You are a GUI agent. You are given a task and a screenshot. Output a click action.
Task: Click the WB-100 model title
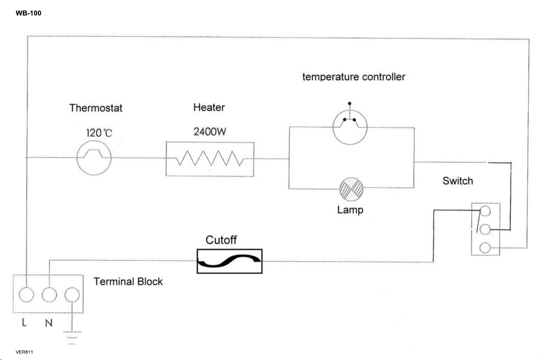(28, 13)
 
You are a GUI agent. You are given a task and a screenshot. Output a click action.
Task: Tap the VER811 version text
(24, 352)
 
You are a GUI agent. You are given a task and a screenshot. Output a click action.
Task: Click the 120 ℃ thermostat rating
(99, 133)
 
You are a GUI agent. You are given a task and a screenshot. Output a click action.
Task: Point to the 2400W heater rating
(210, 131)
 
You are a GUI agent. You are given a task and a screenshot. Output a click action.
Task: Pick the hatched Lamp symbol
(351, 189)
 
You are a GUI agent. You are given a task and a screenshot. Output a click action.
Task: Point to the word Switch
(458, 181)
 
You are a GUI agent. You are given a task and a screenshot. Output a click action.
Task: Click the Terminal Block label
(128, 281)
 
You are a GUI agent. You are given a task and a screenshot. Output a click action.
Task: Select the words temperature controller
(354, 77)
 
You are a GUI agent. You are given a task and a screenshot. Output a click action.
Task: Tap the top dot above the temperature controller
(350, 104)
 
